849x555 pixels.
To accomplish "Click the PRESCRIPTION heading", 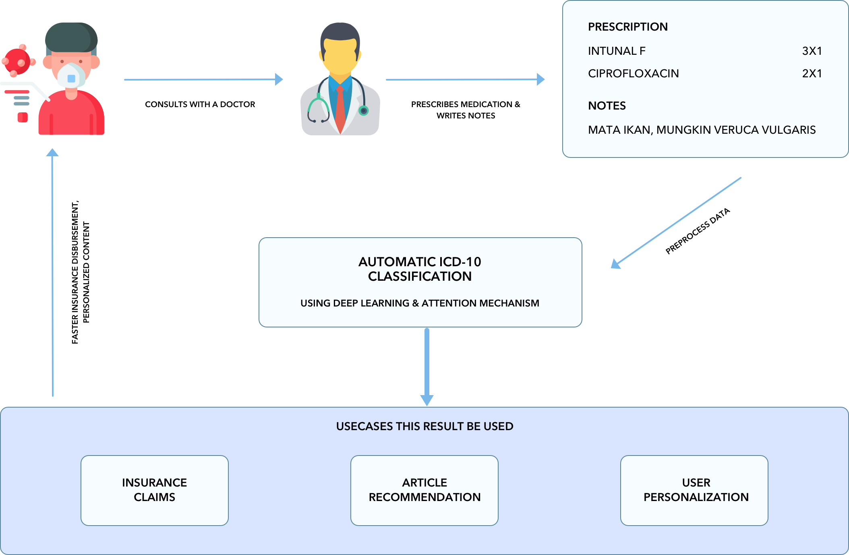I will pyautogui.click(x=627, y=27).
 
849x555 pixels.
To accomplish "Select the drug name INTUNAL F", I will pyautogui.click(x=616, y=51).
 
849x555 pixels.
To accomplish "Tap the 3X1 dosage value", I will pyautogui.click(x=812, y=51).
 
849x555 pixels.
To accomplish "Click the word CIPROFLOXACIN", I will pyautogui.click(x=633, y=74).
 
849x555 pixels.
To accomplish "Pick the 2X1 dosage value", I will pyautogui.click(x=812, y=74).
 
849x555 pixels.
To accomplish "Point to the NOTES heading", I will pyautogui.click(x=607, y=106).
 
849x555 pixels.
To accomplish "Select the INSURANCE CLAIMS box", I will pyautogui.click(x=155, y=490).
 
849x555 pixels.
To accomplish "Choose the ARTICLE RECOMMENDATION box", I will pyautogui.click(x=424, y=490).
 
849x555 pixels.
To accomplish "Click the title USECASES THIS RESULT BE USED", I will pyautogui.click(x=424, y=427).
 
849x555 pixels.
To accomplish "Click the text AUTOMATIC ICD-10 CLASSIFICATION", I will pyautogui.click(x=420, y=269).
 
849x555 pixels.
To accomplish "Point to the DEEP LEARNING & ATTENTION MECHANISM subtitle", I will pyautogui.click(x=420, y=303).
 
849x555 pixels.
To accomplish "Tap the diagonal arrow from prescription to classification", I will pyautogui.click(x=677, y=222).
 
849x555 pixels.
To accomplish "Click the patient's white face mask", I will pyautogui.click(x=71, y=76).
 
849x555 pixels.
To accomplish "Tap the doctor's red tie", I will pyautogui.click(x=340, y=109).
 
